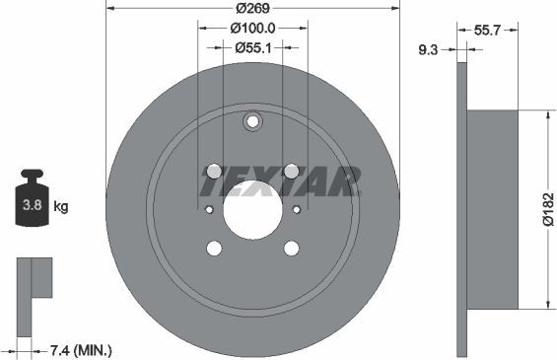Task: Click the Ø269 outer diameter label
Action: (251, 11)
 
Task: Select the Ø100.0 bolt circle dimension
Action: (251, 29)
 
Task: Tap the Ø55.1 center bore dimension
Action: (251, 46)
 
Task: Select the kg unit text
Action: (61, 207)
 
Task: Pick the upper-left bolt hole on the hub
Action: (213, 170)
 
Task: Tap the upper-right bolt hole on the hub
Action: (292, 170)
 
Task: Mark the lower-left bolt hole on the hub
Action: (213, 249)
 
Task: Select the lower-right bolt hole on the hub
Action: (292, 249)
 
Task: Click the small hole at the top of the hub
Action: (252, 122)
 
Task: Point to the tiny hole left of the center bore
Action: (208, 209)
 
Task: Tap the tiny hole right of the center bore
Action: (297, 209)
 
